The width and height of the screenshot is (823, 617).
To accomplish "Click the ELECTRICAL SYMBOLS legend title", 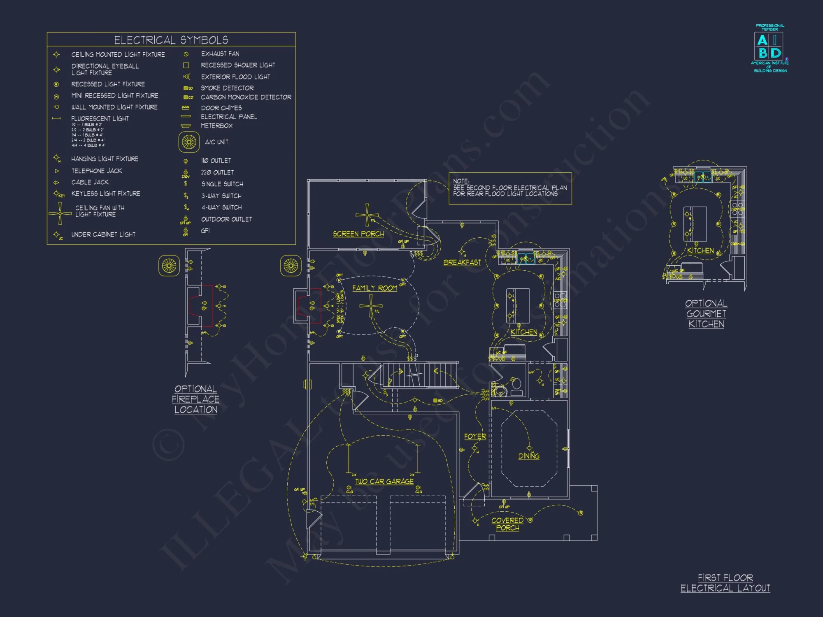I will (171, 40).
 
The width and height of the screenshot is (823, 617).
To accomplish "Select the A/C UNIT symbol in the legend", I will (189, 142).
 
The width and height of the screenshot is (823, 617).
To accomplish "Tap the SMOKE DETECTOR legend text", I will (227, 88).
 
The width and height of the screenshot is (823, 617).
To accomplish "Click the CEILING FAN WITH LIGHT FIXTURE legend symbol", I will (60, 213).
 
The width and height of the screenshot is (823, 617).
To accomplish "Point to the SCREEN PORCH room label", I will (358, 234).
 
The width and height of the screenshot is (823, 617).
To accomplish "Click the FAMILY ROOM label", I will (374, 288).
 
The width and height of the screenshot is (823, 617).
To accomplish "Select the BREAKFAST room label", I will (462, 262).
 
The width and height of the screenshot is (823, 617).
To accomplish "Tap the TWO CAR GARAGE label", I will (384, 481).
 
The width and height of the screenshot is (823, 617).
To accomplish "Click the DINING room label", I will (528, 456).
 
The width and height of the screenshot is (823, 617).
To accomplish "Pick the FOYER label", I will (475, 436).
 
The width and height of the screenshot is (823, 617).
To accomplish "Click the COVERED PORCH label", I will (507, 524).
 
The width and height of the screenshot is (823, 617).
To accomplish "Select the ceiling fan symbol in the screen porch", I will (367, 215).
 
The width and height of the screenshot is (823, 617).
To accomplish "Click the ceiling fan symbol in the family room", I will (371, 306).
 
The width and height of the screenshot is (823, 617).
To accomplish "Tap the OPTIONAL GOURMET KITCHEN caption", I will (706, 313).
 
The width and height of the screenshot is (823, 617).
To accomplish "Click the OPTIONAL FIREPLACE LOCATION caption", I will (195, 399).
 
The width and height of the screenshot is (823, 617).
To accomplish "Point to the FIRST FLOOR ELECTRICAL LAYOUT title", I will (725, 583).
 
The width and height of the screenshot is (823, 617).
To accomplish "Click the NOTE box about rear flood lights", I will (510, 188).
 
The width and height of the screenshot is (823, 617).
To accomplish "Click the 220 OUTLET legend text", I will (217, 172).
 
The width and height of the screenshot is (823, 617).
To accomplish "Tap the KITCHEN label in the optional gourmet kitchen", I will (700, 251).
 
